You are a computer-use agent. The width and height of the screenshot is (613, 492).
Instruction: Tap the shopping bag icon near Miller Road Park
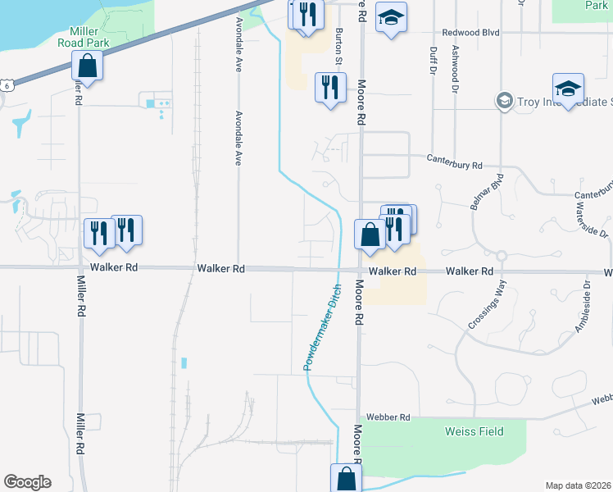[x=87, y=66]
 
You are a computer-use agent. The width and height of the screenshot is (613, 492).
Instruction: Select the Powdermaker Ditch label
[x=323, y=326]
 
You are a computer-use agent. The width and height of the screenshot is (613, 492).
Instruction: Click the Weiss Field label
[x=474, y=431]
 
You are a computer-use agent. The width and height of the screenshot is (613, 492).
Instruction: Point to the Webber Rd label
[x=388, y=417]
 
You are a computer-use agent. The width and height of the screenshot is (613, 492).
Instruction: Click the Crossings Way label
[x=488, y=304]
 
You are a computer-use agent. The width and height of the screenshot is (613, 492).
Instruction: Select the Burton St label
[x=338, y=46]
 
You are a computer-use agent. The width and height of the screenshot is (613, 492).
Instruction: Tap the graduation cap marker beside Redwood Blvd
[x=391, y=17]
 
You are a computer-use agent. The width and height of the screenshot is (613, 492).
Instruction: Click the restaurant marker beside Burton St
[x=329, y=87]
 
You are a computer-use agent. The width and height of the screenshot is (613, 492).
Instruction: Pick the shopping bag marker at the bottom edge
[x=346, y=479]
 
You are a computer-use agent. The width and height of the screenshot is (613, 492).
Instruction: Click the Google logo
[x=27, y=482]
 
